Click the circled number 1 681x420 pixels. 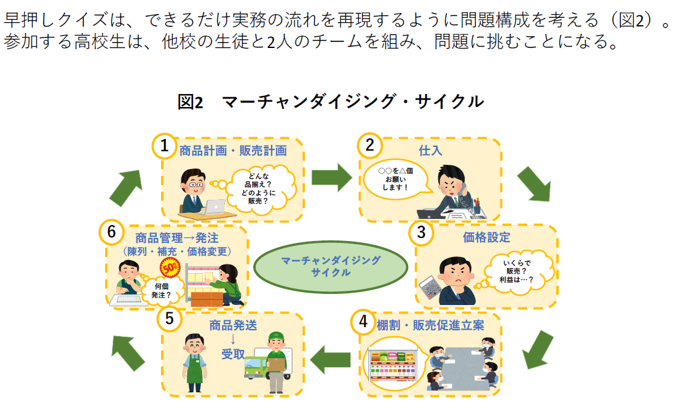coord(164,146)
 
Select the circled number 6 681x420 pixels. coord(111,232)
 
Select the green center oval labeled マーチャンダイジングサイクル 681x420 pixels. coord(331,266)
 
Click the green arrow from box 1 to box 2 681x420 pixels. coord(331,178)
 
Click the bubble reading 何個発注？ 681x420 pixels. coord(160,290)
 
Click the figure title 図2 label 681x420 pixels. coord(190,102)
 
